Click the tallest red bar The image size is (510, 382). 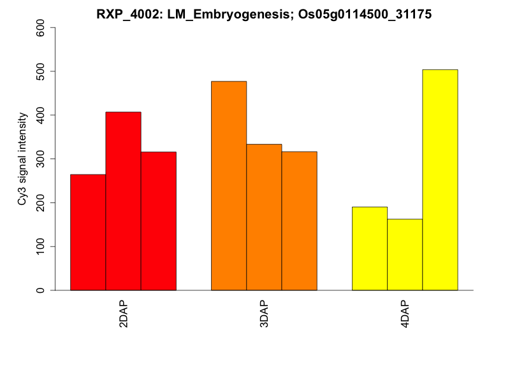tap(123, 201)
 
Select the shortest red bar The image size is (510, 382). tap(88, 232)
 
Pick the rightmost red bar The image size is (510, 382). tap(158, 221)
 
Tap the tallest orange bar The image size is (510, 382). tap(229, 186)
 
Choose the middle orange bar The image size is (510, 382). tap(264, 217)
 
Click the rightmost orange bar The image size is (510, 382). tap(299, 221)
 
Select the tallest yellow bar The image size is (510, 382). tap(440, 180)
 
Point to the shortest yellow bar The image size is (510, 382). tap(405, 255)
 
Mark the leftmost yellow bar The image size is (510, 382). tap(370, 249)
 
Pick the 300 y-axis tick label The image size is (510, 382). tap(41, 159)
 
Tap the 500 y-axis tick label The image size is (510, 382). tap(41, 71)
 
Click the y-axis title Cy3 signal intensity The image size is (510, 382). tap(22, 159)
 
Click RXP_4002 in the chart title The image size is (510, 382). tap(123, 15)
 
